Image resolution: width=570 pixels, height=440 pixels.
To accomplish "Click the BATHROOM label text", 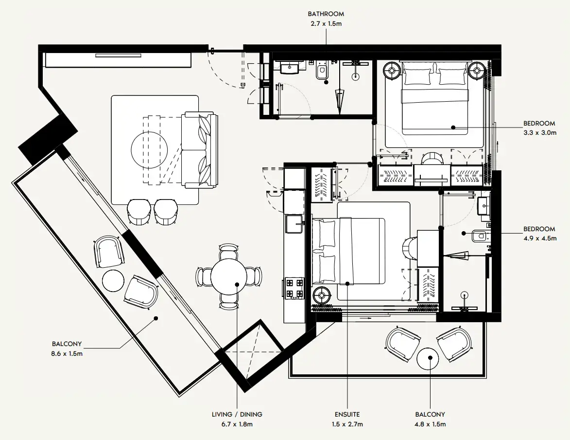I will click(x=326, y=14).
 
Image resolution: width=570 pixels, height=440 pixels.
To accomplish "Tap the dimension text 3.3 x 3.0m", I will click(x=539, y=132).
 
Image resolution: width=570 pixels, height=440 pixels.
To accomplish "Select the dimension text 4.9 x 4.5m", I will click(x=539, y=238).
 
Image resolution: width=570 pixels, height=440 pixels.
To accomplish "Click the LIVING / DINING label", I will click(x=237, y=414).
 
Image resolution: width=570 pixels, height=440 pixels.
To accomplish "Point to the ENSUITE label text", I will click(x=347, y=414).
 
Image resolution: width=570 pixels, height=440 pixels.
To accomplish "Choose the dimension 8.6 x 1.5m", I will click(x=67, y=353).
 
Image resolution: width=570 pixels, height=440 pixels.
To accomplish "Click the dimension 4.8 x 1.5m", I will click(x=430, y=424).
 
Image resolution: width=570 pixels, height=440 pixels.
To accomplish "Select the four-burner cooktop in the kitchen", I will click(x=294, y=288).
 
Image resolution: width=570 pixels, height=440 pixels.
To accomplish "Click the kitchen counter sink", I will click(x=294, y=225).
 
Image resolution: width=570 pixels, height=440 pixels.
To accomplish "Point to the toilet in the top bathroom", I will click(x=321, y=72).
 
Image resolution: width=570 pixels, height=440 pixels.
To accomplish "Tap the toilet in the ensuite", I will click(x=480, y=237).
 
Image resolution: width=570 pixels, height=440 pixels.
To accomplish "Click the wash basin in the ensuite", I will click(x=484, y=206).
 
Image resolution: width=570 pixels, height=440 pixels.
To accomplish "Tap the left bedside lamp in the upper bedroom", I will click(x=392, y=72).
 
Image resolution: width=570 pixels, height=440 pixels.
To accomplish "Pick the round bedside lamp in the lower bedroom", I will click(x=321, y=294).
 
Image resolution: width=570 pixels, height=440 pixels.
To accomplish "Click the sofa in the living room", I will click(x=200, y=150).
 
